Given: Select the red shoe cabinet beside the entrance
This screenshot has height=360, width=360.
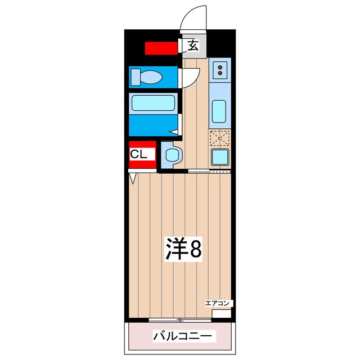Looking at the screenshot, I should point(161,48).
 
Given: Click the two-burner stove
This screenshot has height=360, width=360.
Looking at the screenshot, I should point(220,70).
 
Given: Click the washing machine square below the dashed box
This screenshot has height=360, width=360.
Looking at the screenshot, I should point(219,157).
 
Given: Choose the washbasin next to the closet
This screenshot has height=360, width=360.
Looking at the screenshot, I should point(173,155).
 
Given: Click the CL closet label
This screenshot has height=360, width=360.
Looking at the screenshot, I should point(139,154).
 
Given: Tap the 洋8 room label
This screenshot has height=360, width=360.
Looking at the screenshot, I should point(183,249).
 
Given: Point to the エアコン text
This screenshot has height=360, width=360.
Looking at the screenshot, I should point(217,303).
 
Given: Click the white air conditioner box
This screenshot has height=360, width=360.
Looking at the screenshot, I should point(220,313).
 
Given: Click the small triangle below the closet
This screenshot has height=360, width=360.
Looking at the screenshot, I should point(133,179).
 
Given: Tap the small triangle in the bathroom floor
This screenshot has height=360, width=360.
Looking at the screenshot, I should point(175,132).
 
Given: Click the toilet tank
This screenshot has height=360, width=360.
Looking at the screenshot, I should point(135,76).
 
